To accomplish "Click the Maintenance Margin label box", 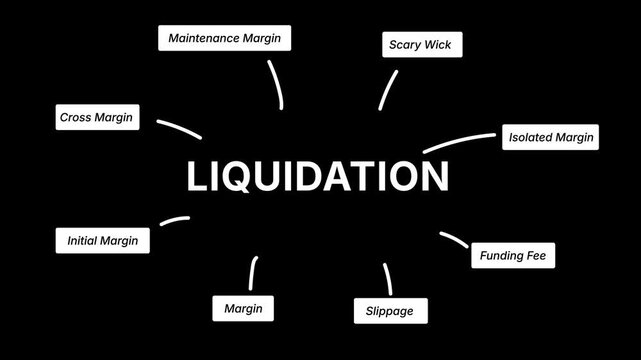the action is [x=225, y=38].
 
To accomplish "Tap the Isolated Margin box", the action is [x=550, y=137].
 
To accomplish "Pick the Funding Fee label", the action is [x=512, y=256].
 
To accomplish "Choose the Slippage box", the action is [x=383, y=311].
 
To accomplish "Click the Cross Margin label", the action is [x=96, y=117].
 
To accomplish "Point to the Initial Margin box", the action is [x=102, y=240].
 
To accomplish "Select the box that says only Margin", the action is [x=243, y=308].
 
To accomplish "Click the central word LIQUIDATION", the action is [x=318, y=177].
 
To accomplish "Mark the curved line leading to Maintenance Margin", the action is [x=277, y=84].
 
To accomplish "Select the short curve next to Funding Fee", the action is [x=453, y=240].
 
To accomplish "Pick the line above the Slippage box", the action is [x=387, y=278].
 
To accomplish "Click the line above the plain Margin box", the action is [x=252, y=273].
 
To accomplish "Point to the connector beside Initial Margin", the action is [x=174, y=219].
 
